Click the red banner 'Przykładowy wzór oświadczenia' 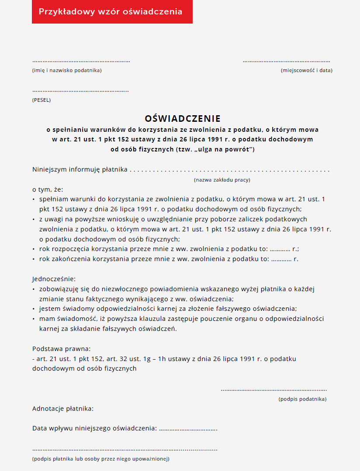112,12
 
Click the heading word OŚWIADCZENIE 183,119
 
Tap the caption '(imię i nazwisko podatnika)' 67,70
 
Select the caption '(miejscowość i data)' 306,70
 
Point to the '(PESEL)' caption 42,100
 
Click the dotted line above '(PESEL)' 80,91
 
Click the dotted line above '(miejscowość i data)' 286,62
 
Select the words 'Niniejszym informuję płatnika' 80,169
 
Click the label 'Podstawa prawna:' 62,349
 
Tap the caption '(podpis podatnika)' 302,399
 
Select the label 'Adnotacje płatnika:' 63,409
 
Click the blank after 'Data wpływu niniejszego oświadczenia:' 188,429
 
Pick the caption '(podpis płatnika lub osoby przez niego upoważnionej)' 101,459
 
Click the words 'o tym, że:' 48,189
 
